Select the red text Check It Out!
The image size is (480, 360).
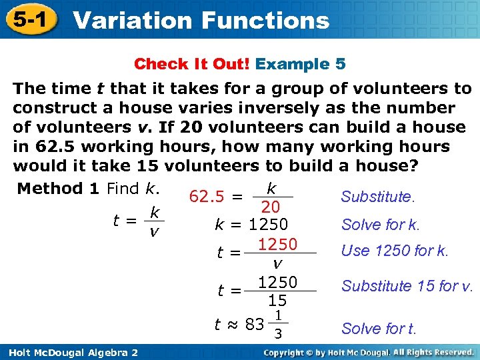pyautogui.click(x=192, y=64)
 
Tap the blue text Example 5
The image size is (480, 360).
pyautogui.click(x=301, y=64)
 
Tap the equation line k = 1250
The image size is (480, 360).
pyautogui.click(x=251, y=225)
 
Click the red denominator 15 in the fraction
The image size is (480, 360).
pyautogui.click(x=277, y=301)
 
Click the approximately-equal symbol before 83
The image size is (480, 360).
pyautogui.click(x=232, y=325)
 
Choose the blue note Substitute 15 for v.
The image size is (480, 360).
pyautogui.click(x=407, y=286)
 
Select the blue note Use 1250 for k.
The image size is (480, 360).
pyautogui.click(x=395, y=251)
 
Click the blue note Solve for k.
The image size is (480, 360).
pyautogui.click(x=380, y=225)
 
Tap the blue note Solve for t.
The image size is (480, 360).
pyautogui.click(x=378, y=329)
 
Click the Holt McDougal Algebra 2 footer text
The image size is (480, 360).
pyautogui.click(x=70, y=352)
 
